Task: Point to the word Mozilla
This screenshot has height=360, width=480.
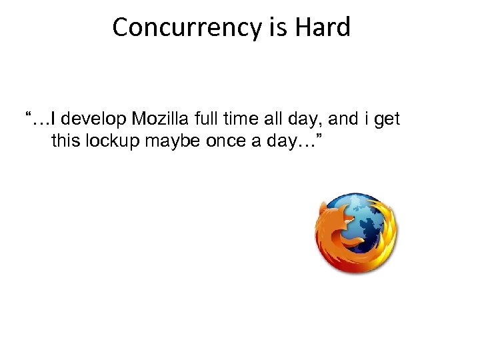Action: point(159,120)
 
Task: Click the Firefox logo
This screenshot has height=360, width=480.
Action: point(356,233)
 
